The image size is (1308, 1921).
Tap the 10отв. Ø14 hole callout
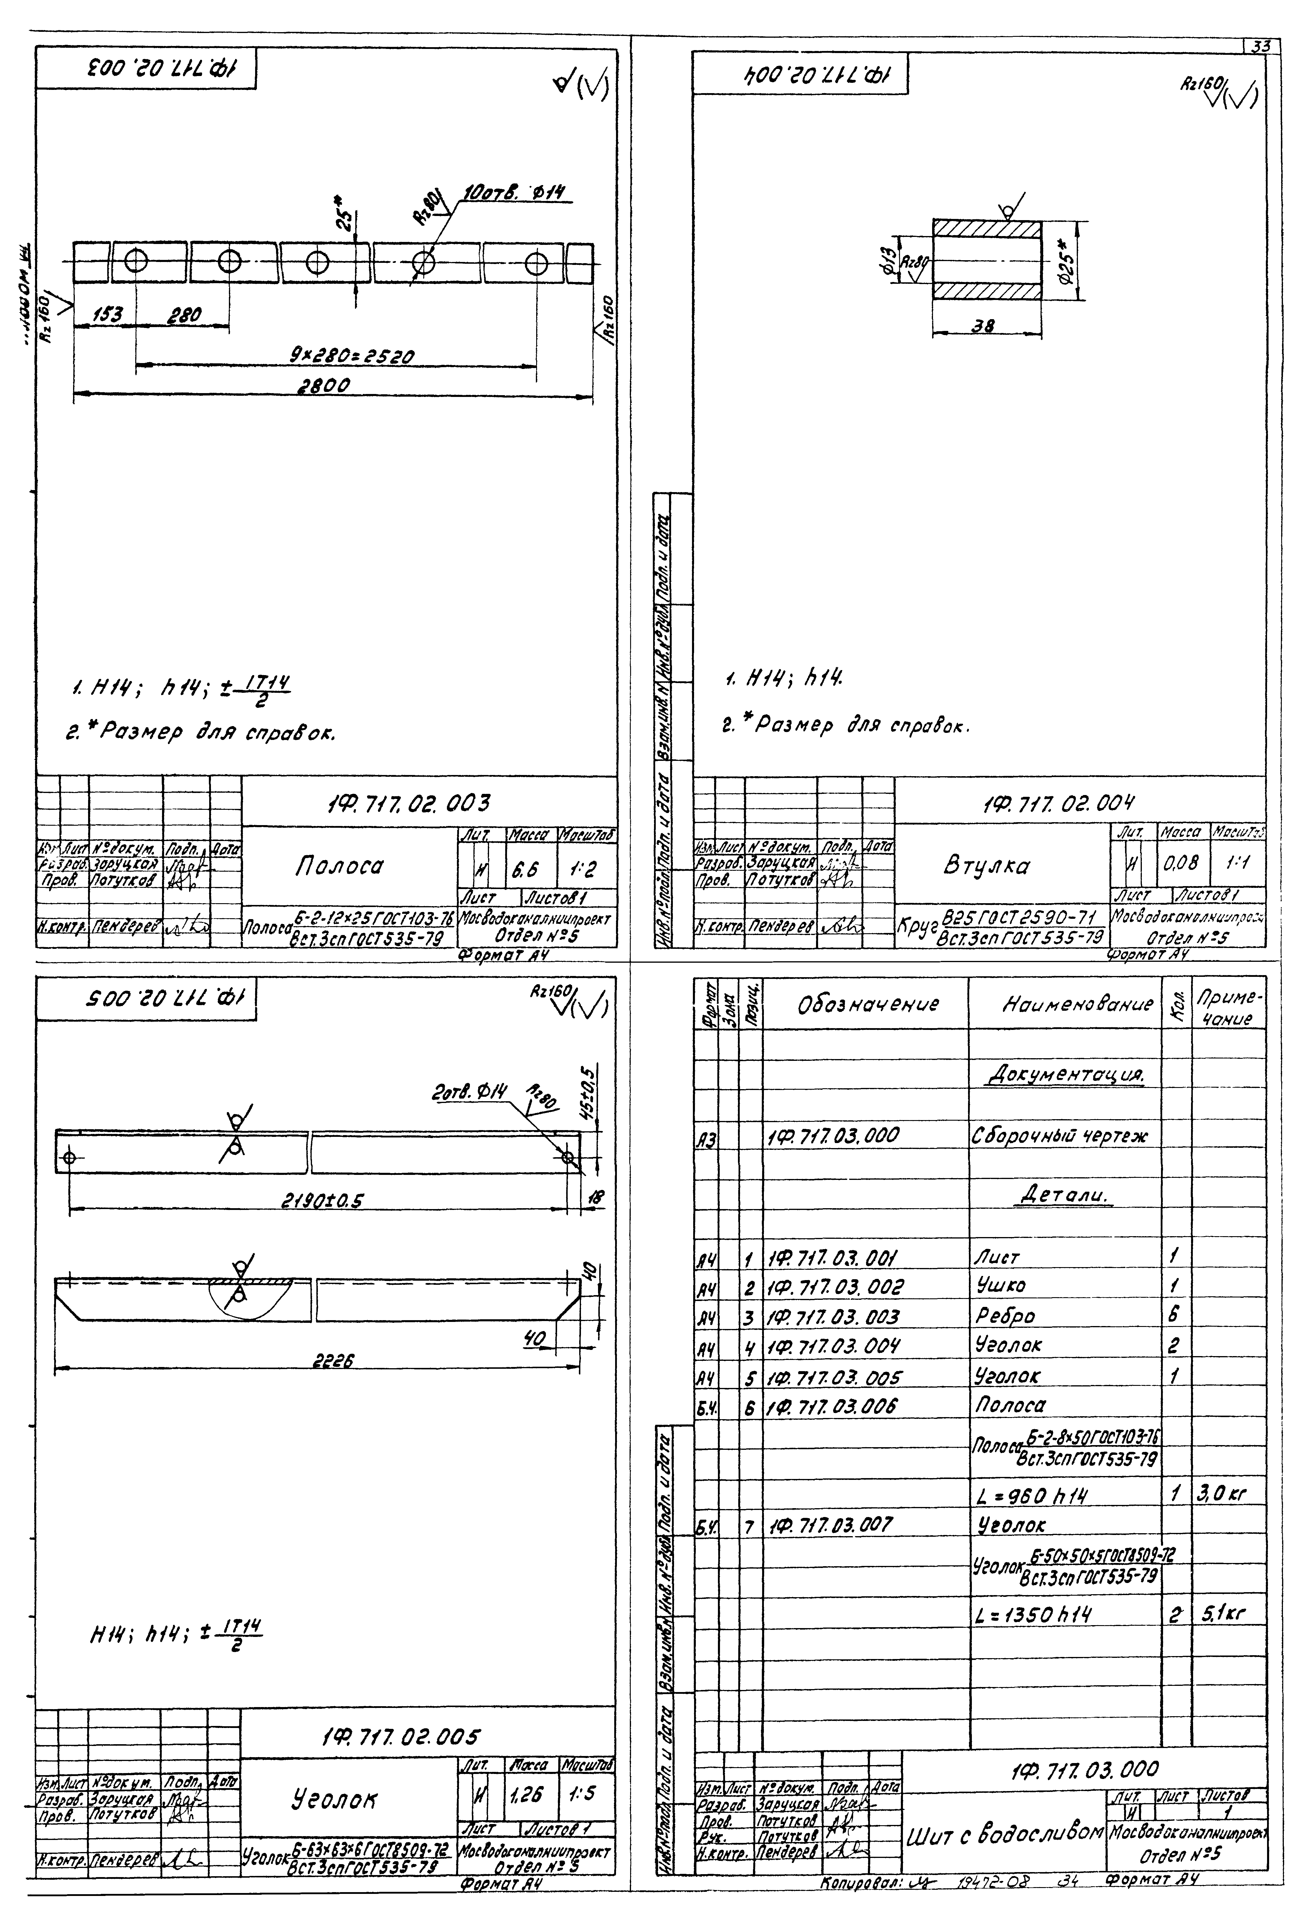point(519,193)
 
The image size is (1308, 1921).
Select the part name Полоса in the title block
point(339,865)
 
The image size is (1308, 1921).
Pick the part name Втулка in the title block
point(986,865)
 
